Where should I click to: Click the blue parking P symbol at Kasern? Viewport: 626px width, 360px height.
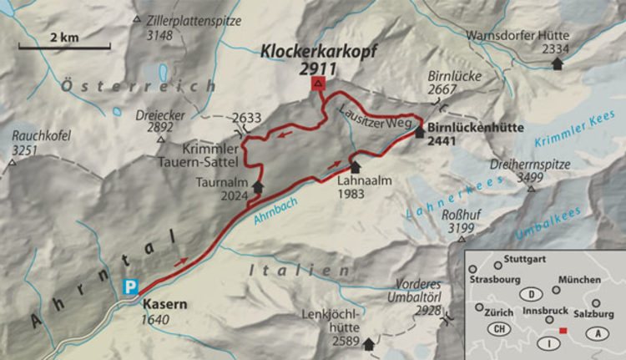[129, 286]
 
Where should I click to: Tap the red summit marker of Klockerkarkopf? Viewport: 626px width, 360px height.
[317, 84]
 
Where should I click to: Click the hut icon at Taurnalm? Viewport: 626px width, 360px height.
[257, 187]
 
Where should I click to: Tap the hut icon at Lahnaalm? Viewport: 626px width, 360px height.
[355, 167]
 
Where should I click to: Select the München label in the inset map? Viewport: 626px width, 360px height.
[580, 279]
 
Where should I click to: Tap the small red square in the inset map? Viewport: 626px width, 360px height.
[565, 332]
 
